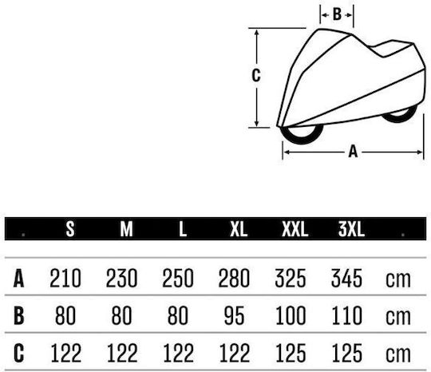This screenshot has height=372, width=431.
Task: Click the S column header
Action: pos(70,229)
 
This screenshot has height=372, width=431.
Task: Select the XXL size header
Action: pos(295,229)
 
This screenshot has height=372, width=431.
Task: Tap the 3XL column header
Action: pos(351,229)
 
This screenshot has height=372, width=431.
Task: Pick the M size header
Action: pos(126,229)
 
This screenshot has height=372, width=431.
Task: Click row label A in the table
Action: pos(18,279)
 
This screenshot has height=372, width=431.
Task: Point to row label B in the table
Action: pos(18,315)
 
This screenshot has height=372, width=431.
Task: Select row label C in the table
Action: pos(18,353)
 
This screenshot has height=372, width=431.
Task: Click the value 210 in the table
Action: pos(65,279)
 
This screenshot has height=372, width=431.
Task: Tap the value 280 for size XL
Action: pos(234,279)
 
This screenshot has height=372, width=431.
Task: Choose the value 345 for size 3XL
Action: pos(346,279)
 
